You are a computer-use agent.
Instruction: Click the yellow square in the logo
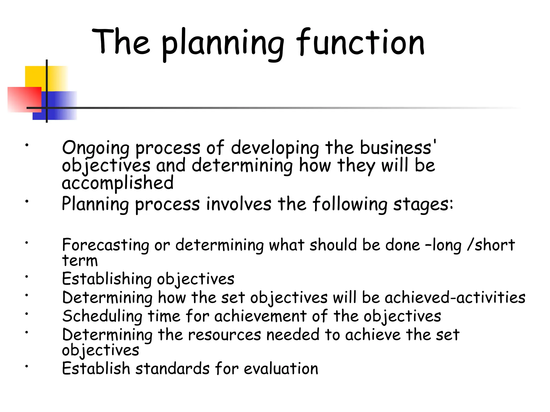tap(36, 76)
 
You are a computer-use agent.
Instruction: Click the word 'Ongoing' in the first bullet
tap(95, 148)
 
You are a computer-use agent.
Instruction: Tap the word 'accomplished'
tap(118, 183)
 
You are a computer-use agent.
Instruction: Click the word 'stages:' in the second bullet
tap(423, 204)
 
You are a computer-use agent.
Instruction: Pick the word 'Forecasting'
tap(105, 245)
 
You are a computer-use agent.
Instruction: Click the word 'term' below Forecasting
tap(80, 261)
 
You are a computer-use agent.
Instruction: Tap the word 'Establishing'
tap(107, 279)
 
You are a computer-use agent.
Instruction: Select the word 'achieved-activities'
tap(455, 298)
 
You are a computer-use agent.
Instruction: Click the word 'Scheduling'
tap(102, 317)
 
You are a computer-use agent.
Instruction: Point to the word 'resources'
tap(224, 335)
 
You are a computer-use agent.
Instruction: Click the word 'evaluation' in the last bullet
tap(281, 369)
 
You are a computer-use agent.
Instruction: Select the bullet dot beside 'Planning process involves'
tap(27, 201)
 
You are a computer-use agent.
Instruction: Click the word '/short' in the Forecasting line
tap(491, 245)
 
